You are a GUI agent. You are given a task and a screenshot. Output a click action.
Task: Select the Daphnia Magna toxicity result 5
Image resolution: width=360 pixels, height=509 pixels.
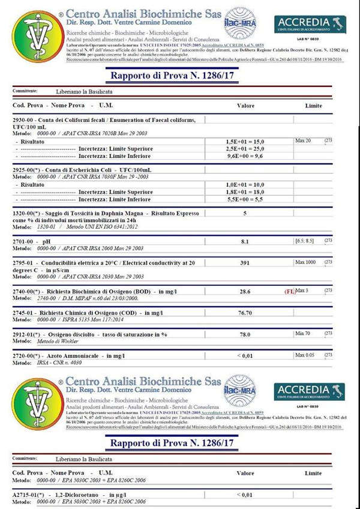[x=245, y=213]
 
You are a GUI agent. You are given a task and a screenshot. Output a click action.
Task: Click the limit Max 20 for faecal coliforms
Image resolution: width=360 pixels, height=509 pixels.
[x=304, y=140]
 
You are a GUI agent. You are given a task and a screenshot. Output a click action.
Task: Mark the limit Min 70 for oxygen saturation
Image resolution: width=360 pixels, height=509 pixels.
[x=304, y=333]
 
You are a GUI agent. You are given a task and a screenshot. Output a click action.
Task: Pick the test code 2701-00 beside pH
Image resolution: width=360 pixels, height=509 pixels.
[x=24, y=241]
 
